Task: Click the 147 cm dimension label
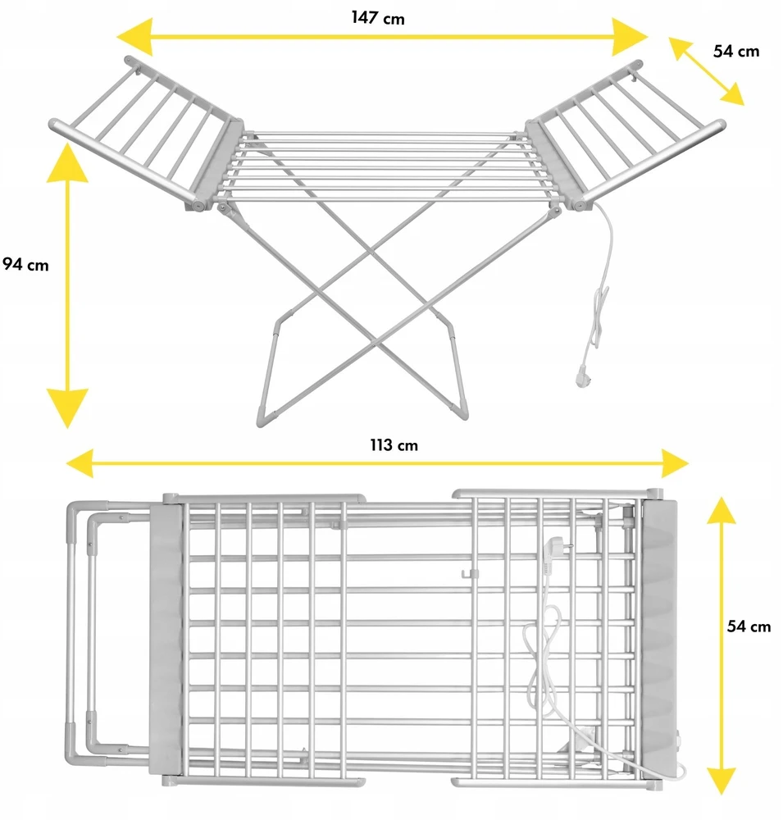[x=378, y=18]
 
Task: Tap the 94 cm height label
[x=25, y=265]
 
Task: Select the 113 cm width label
[x=394, y=445]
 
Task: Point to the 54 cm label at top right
[x=736, y=51]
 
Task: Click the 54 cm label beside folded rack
[x=749, y=626]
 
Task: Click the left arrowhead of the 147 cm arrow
[x=134, y=37]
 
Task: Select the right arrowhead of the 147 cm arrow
[x=630, y=37]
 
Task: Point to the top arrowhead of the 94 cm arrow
[x=67, y=163]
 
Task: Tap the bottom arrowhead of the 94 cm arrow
[x=67, y=408]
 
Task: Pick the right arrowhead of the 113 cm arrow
[x=675, y=462]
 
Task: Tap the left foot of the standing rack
[x=268, y=418]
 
